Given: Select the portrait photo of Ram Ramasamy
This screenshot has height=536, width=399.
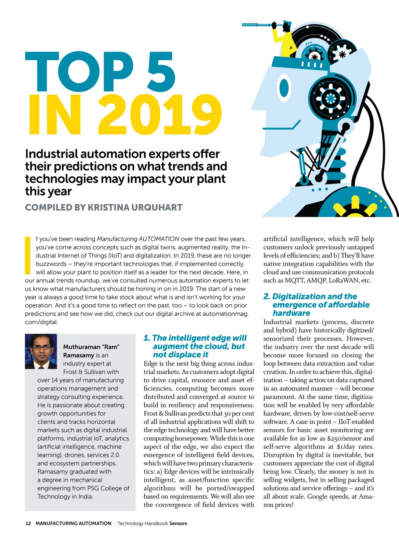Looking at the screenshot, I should coord(41,352).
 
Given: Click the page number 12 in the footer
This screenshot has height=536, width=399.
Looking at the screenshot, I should coord(28,523).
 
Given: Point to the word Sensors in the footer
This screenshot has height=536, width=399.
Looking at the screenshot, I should coord(178,523).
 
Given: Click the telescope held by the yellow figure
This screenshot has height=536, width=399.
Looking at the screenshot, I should coord(258,25).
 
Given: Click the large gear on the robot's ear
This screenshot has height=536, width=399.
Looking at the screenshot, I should coord(331,98).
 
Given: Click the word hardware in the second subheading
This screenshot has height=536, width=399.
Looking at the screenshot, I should coord(291,313).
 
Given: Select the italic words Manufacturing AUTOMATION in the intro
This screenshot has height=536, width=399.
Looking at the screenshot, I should coord(138,239).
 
